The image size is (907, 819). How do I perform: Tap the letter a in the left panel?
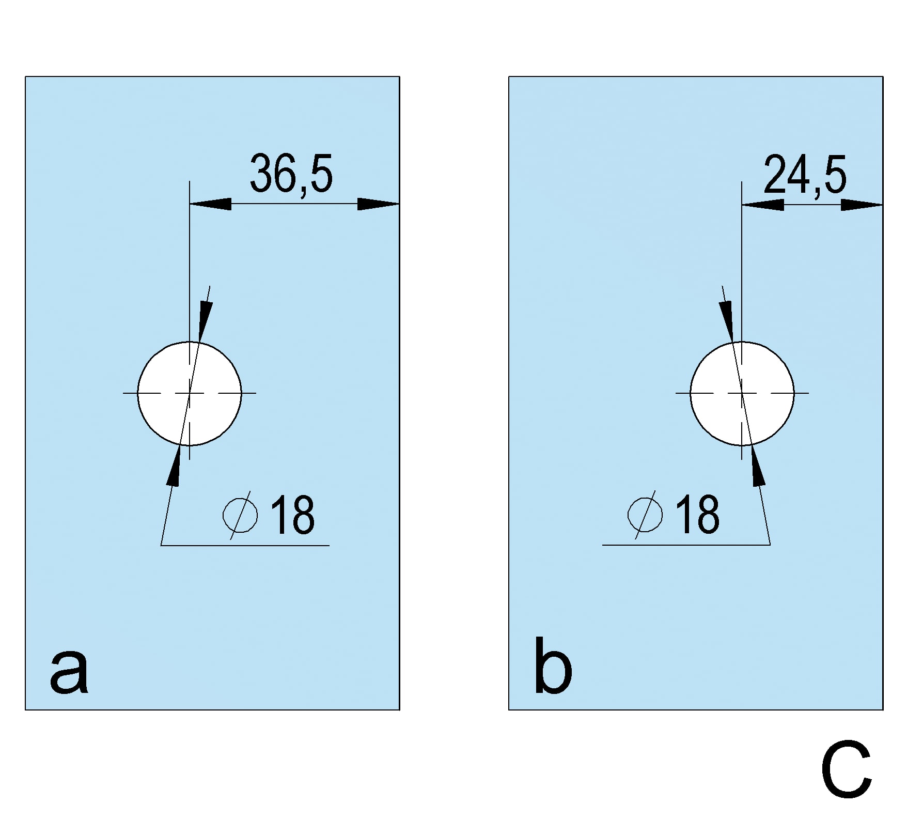click(69, 672)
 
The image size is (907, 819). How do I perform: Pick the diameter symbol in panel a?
click(240, 515)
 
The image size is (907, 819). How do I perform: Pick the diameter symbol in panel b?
click(645, 515)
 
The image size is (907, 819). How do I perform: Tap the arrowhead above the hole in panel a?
click(205, 320)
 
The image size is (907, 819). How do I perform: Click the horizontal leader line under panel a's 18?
click(245, 545)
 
